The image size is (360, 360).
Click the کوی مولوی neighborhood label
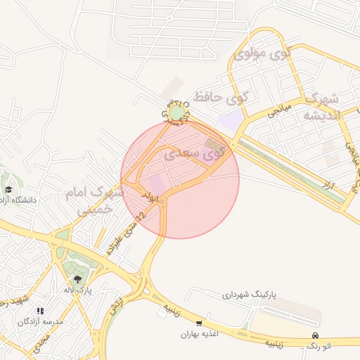pyautogui.click(x=261, y=53)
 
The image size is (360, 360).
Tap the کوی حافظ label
pyautogui.click(x=221, y=97)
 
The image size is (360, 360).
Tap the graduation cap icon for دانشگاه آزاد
pyautogui.click(x=8, y=189)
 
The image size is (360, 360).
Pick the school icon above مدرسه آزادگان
pyautogui.click(x=40, y=310)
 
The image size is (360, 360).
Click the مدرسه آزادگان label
pyautogui.click(x=40, y=321)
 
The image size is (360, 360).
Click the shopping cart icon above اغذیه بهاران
pyautogui.click(x=200, y=323)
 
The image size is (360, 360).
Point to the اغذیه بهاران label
pyautogui.click(x=200, y=335)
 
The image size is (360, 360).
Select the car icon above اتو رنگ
pyautogui.click(x=316, y=335)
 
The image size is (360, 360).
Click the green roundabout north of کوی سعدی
pyautogui.click(x=176, y=112)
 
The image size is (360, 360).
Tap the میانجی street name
pyautogui.click(x=276, y=110)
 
